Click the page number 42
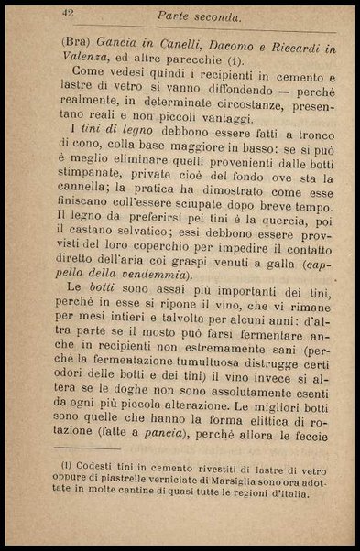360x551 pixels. coord(68,13)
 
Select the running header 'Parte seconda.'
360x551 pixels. coord(199,16)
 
